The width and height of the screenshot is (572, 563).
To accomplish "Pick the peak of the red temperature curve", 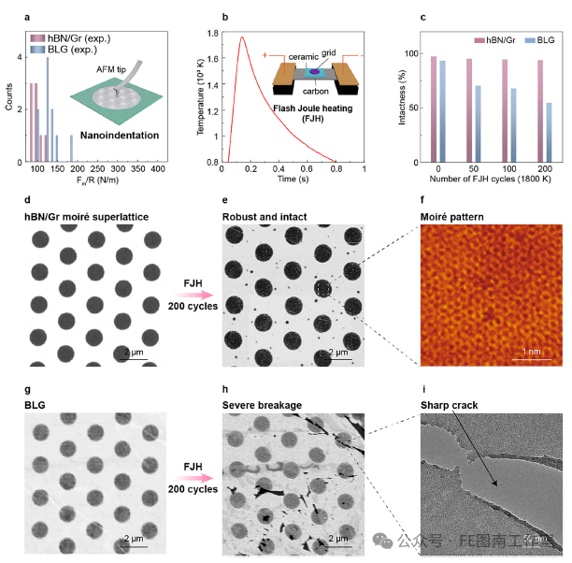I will click(x=242, y=37).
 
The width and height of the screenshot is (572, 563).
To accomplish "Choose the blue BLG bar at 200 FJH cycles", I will click(x=548, y=132).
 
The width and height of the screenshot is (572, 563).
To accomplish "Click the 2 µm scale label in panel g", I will click(x=138, y=539).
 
